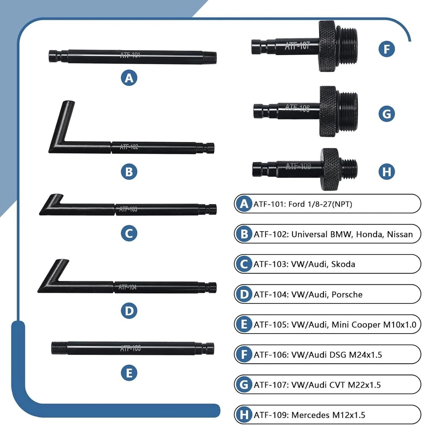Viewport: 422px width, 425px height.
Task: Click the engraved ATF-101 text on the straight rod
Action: coord(130,55)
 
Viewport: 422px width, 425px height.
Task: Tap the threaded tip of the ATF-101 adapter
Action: coord(210,57)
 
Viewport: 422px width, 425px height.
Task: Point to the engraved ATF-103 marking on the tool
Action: coord(128,209)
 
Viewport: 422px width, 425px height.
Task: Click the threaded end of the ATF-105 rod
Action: coord(59,348)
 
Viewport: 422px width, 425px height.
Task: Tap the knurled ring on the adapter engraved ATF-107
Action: coord(328,46)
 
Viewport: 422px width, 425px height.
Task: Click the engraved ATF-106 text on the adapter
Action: coord(297,108)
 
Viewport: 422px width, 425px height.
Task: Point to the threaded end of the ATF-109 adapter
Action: coord(349,169)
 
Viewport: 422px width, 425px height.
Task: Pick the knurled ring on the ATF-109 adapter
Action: coord(330,169)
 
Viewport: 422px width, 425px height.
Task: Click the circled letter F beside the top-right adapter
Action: coord(386,49)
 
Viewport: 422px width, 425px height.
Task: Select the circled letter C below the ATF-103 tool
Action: coord(129,233)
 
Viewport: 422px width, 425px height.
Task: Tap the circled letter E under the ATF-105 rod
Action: coord(129,373)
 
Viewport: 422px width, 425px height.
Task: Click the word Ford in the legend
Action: coord(297,204)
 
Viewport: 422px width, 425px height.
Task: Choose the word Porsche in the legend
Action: coord(347,295)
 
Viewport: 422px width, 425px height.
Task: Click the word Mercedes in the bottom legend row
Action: coord(311,415)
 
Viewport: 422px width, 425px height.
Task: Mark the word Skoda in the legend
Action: coord(343,264)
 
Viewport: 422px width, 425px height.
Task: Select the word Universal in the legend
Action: coord(309,234)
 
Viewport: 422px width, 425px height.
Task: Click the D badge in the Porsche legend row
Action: coord(244,295)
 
